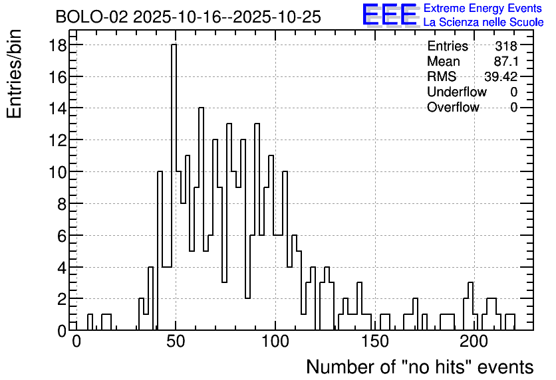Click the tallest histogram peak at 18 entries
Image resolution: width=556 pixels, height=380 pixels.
coord(174,45)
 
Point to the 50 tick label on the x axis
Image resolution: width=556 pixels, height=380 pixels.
coord(176,342)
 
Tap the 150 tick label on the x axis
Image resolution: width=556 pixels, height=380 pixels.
coord(375,342)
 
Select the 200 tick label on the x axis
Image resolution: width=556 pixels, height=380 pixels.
coord(474,342)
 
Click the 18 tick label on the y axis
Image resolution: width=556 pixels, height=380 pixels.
coord(57,45)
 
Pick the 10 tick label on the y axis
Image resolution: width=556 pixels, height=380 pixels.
coord(57,172)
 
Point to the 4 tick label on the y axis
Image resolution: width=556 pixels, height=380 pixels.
coord(62,267)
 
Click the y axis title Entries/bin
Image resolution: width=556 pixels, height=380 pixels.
coord(15,74)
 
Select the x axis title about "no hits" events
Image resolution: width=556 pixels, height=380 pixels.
coord(420,367)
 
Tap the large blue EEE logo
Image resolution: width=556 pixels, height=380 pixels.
coord(389,15)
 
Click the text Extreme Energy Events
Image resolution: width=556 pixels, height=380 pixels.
coord(483,8)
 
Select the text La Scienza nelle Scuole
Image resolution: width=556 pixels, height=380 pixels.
coord(484,23)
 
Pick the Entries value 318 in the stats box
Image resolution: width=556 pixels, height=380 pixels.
coord(506,46)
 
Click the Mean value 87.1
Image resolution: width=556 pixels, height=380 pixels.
coord(506,61)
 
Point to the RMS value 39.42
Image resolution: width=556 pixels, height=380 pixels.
coord(501,76)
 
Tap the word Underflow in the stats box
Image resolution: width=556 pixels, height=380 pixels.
coord(457,92)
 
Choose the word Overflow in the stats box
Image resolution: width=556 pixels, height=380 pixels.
coord(453,107)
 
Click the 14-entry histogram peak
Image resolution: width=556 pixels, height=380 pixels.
coord(201,108)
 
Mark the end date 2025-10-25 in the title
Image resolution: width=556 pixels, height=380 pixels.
coord(277,17)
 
